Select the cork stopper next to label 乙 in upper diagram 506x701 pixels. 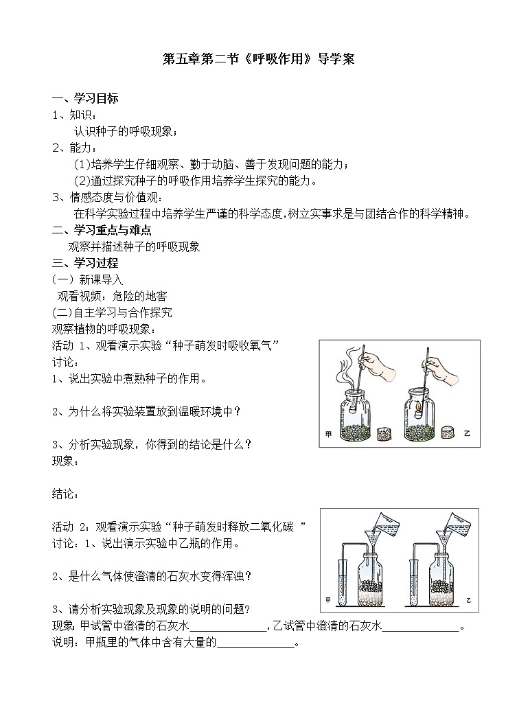click(x=449, y=433)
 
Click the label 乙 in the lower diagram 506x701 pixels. click(x=469, y=601)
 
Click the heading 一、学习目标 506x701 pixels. click(x=85, y=98)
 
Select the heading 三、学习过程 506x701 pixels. click(x=85, y=263)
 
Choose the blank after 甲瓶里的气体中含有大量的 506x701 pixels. click(x=255, y=643)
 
